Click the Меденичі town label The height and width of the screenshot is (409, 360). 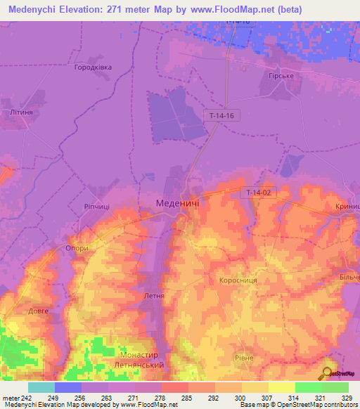point(176,203)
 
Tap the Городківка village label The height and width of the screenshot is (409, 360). point(103,68)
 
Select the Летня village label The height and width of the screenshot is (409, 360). point(153,296)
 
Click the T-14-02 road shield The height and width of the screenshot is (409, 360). point(259,192)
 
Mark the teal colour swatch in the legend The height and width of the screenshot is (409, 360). point(41,387)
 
